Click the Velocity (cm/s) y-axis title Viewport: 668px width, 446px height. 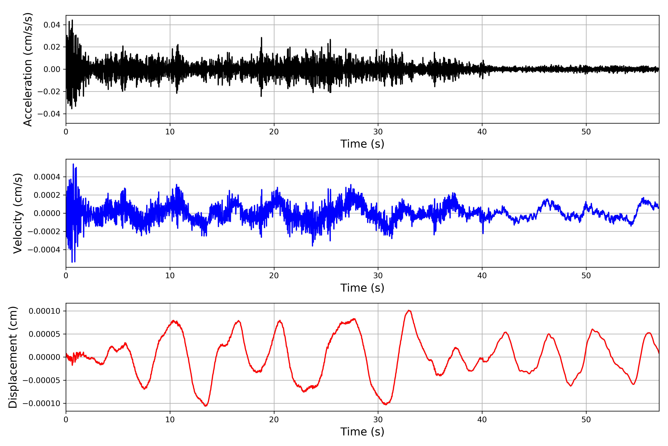pos(18,213)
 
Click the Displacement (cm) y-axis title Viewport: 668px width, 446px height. pos(13,357)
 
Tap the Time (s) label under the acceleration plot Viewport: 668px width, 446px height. pos(362,144)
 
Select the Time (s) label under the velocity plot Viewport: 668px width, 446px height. pos(362,288)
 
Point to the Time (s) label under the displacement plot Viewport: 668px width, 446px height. pos(362,432)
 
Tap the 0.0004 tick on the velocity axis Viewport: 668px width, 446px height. pos(47,177)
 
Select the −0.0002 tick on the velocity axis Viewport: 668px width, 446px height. pos(44,232)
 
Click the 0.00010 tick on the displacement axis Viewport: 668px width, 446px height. pos(44,311)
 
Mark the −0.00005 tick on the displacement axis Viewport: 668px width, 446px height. pos(41,380)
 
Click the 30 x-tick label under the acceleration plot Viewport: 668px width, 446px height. pos(378,132)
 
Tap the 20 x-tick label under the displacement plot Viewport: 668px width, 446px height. pos(274,420)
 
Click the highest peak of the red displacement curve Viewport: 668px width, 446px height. pos(409,310)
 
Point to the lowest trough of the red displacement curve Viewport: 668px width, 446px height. pos(206,406)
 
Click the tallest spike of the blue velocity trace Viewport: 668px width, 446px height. pos(73,164)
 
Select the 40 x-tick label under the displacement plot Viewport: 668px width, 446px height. pos(482,420)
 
